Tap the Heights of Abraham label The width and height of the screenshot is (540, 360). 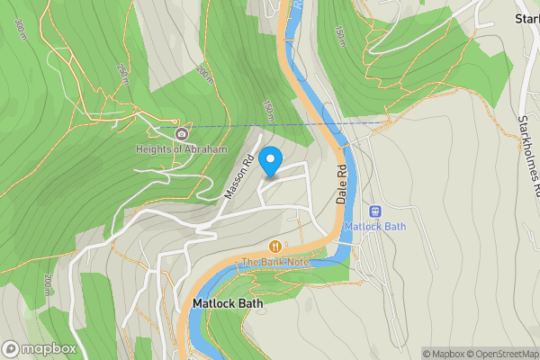click(181, 149)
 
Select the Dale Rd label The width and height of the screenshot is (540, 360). click(342, 184)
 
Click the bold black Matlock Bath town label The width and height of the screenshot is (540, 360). click(228, 304)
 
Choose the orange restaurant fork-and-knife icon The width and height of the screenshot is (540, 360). click(274, 247)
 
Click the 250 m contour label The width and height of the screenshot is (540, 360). click(121, 71)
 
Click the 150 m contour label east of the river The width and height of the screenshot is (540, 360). click(338, 39)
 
